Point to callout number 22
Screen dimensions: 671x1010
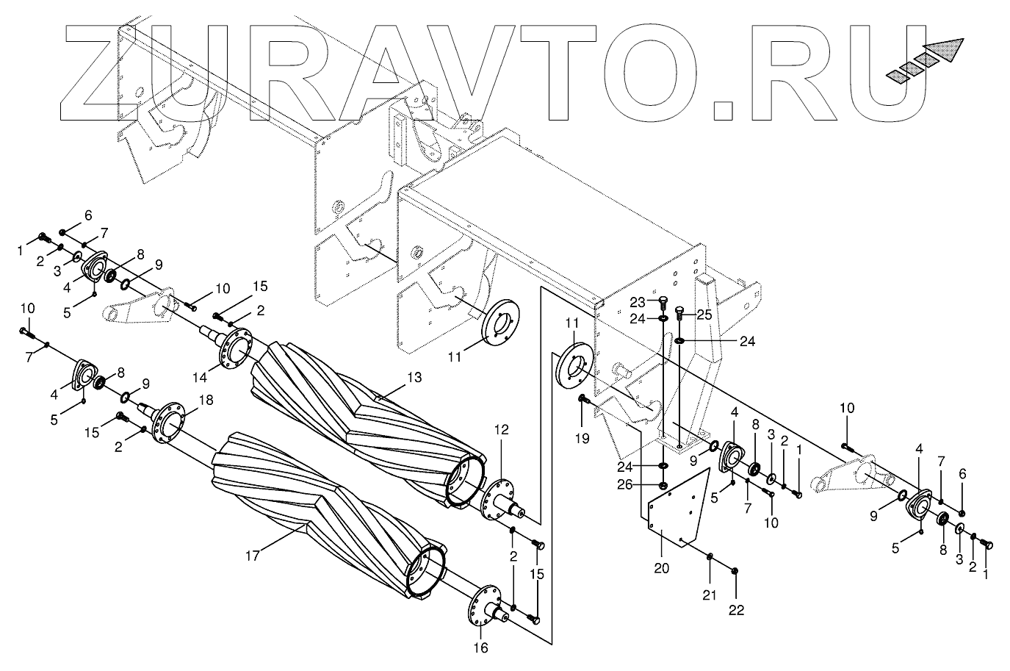[736, 609]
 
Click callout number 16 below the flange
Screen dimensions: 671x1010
[479, 648]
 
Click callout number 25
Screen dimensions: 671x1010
[704, 315]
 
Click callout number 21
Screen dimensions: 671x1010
[710, 595]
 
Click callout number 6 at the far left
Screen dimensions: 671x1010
[88, 215]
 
